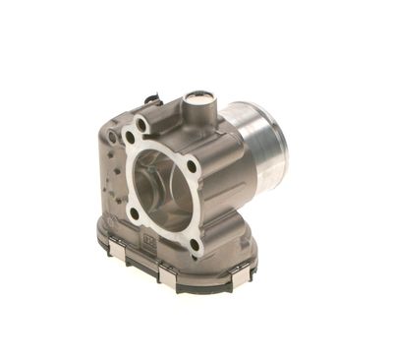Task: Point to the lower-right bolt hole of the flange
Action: tap(195, 243)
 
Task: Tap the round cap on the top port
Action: tap(201, 99)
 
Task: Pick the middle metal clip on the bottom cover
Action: tap(167, 279)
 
